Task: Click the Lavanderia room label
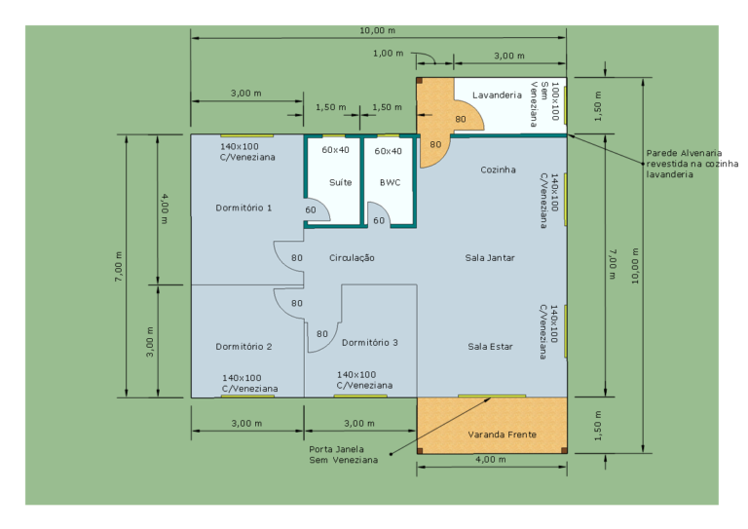(x=497, y=94)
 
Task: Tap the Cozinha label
(x=498, y=170)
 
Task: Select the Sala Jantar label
(x=490, y=257)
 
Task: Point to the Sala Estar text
(x=490, y=346)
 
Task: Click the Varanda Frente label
(x=502, y=435)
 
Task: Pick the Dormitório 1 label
(x=243, y=208)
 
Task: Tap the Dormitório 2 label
(x=243, y=346)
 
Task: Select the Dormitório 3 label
(x=370, y=343)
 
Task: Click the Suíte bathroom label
(x=340, y=182)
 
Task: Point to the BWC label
(x=390, y=182)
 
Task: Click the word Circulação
(x=352, y=258)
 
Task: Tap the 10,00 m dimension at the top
(x=377, y=30)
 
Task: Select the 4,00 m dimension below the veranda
(x=491, y=460)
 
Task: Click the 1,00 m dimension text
(x=388, y=53)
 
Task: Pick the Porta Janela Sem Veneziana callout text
(x=343, y=455)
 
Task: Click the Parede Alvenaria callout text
(x=692, y=164)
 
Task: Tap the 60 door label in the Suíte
(x=310, y=209)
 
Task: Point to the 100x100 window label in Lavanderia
(x=554, y=101)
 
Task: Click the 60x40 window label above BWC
(x=388, y=151)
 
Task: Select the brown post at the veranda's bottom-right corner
(x=564, y=450)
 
